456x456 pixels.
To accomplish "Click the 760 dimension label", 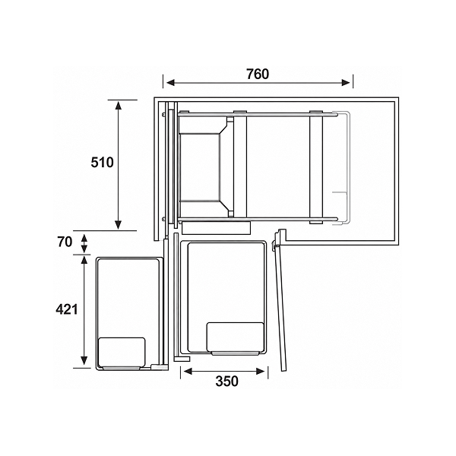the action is coord(258,74).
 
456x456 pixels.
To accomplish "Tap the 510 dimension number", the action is coord(102,163).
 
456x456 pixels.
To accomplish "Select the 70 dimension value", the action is coord(65,242).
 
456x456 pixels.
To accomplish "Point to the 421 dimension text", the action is coord(67,309).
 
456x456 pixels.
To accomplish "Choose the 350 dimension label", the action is coord(226,381).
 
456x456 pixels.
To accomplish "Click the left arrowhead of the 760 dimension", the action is coord(171,83).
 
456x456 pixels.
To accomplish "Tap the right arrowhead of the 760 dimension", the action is coord(346,83).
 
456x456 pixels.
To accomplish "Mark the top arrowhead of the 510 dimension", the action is coord(118,106).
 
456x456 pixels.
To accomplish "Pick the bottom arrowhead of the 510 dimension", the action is coord(118,225).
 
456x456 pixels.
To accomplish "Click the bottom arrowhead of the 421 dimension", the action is coord(84,360).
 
